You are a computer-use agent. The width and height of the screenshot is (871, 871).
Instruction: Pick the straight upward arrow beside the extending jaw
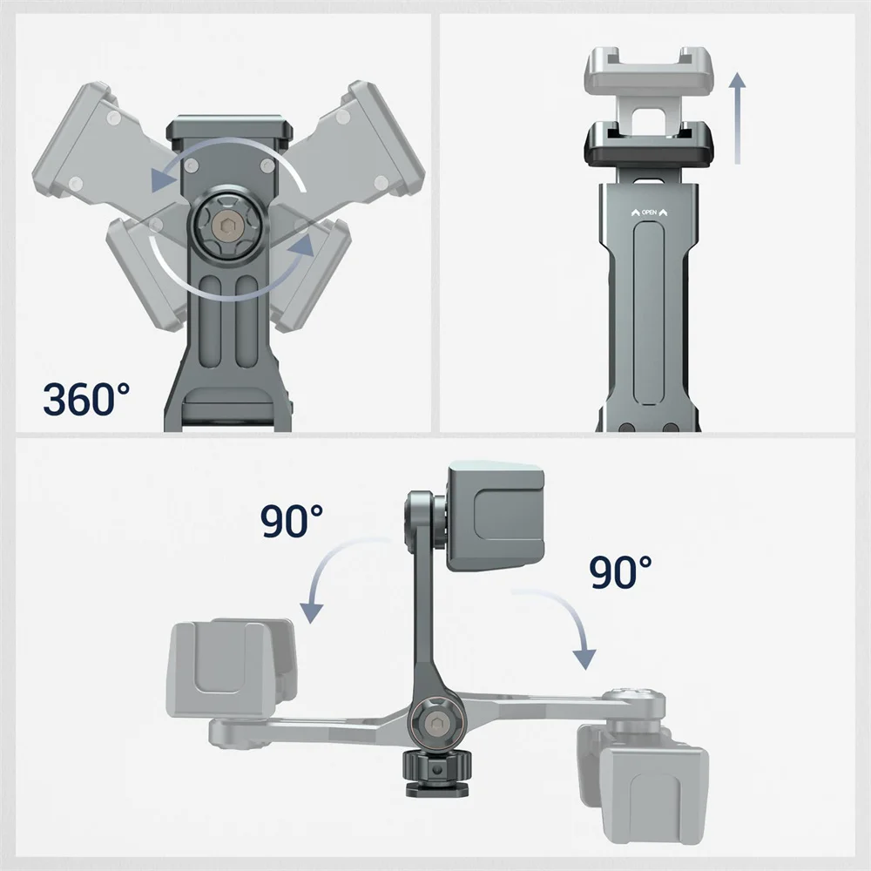737,118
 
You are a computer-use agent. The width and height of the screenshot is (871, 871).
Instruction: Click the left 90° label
291,522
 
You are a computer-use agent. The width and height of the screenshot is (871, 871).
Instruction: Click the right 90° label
620,572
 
